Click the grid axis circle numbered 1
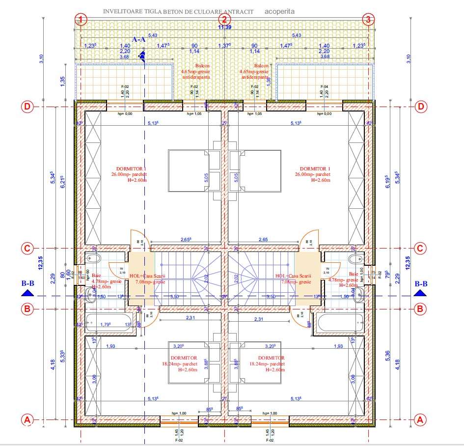(x=81, y=20)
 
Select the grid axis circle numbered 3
(x=368, y=20)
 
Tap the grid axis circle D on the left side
(x=28, y=107)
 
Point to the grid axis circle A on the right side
(x=420, y=420)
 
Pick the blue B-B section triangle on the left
(x=28, y=293)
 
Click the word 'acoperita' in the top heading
(x=280, y=10)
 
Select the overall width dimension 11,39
(x=224, y=28)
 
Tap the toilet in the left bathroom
(x=94, y=259)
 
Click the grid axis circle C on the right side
(x=420, y=249)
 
